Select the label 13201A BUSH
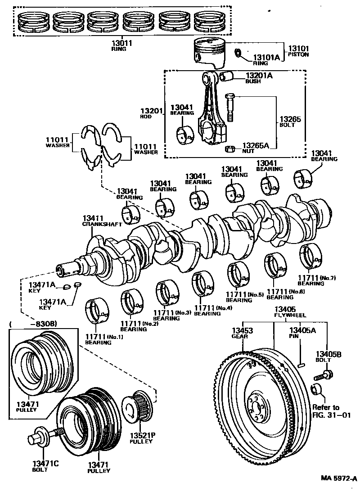259,78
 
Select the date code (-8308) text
31,324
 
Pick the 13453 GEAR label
243,333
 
